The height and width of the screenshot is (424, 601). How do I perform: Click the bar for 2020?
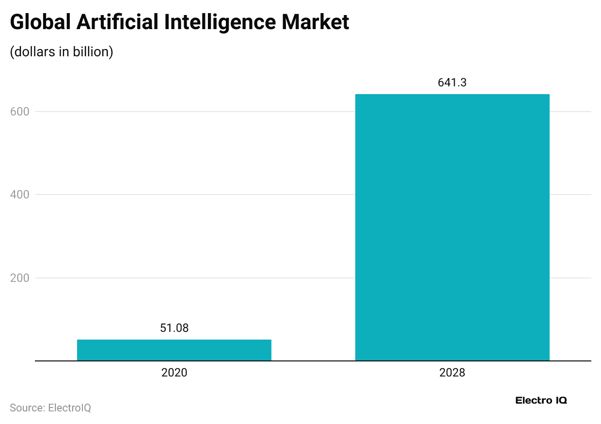click(x=174, y=350)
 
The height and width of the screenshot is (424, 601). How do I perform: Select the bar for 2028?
click(x=452, y=227)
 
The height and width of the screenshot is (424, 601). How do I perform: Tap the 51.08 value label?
click(x=174, y=328)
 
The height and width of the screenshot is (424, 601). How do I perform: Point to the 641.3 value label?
click(x=452, y=83)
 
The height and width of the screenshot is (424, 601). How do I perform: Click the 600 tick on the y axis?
click(x=19, y=112)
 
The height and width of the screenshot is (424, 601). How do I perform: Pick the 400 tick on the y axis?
click(x=19, y=195)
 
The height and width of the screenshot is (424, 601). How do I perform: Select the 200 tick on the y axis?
click(x=19, y=278)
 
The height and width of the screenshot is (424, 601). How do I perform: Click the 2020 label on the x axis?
click(x=174, y=373)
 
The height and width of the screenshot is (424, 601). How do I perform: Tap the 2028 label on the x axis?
click(x=452, y=373)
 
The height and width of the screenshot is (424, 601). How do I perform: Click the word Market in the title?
click(x=317, y=23)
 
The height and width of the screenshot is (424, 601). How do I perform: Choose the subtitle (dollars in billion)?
click(x=62, y=52)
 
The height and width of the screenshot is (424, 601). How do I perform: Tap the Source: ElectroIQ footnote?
click(x=50, y=408)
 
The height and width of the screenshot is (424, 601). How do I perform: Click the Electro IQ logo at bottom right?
click(x=541, y=400)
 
